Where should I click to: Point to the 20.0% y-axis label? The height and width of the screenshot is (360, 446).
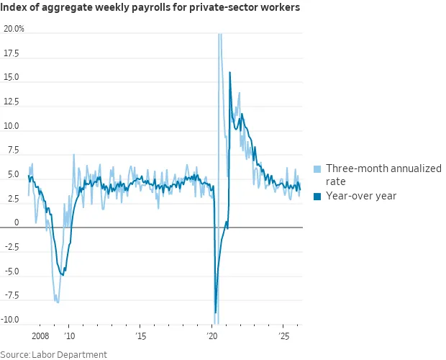[x=14, y=30]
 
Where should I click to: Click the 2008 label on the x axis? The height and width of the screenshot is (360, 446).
[x=40, y=336]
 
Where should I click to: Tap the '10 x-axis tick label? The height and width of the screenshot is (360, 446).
[x=69, y=336]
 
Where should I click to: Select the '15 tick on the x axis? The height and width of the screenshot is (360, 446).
[x=140, y=336]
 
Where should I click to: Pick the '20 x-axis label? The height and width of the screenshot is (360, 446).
[x=211, y=336]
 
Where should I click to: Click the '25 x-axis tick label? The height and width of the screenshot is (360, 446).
[x=283, y=336]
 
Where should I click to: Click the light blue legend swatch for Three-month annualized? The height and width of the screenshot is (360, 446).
[x=317, y=168]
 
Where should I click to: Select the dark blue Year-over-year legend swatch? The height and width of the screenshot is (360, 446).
[x=317, y=196]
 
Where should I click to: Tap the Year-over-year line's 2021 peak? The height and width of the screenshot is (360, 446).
[x=229, y=72]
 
